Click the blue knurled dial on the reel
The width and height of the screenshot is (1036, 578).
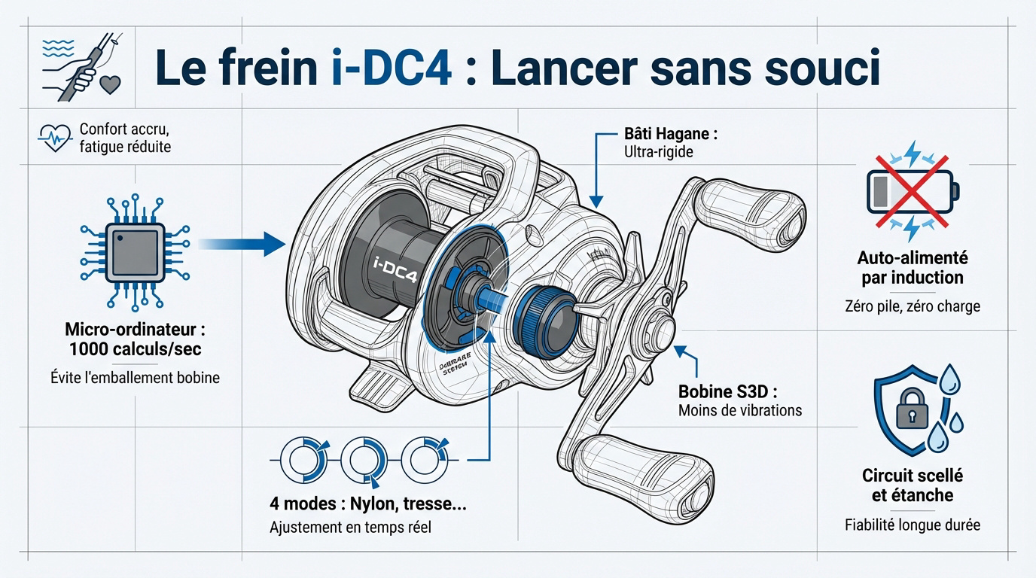541,319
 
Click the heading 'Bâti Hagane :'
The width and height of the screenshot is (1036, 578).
671,134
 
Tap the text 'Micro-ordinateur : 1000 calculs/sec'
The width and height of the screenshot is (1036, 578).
136,340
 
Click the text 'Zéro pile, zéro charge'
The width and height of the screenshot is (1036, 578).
912,306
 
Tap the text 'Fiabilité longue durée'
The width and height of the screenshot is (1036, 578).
913,525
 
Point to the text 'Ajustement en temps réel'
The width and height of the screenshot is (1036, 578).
350,528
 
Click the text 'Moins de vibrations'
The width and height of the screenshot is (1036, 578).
739,411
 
